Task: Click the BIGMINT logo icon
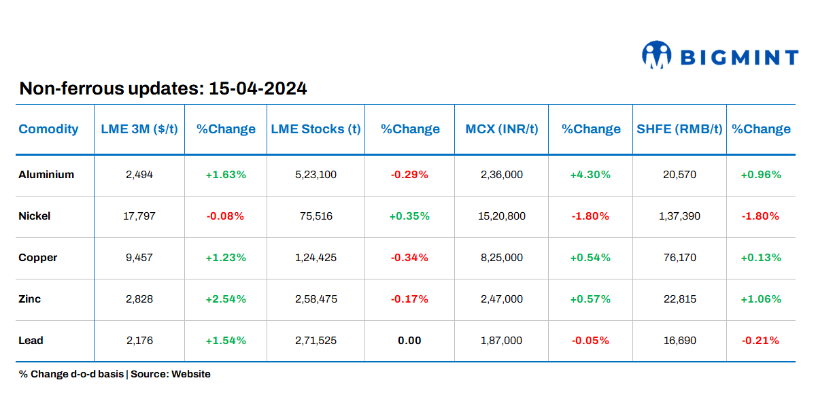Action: (657, 55)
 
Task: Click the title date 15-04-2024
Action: (258, 88)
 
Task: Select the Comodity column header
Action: (48, 129)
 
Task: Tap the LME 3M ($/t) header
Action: (139, 129)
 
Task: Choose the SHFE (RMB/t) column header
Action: (679, 129)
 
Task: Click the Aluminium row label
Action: (46, 175)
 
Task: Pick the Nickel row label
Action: (35, 216)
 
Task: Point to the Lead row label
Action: (31, 341)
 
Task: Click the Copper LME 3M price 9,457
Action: (139, 258)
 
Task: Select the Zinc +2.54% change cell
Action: (226, 299)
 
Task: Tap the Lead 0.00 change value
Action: (409, 341)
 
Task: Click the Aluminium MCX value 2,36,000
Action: (502, 175)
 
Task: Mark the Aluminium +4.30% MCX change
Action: (590, 175)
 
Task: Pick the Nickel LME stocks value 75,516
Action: (316, 216)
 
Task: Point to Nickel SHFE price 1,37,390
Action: (679, 216)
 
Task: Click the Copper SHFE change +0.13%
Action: (761, 258)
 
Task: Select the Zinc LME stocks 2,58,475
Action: (316, 299)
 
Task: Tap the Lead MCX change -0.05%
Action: (590, 341)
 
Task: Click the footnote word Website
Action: (191, 374)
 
